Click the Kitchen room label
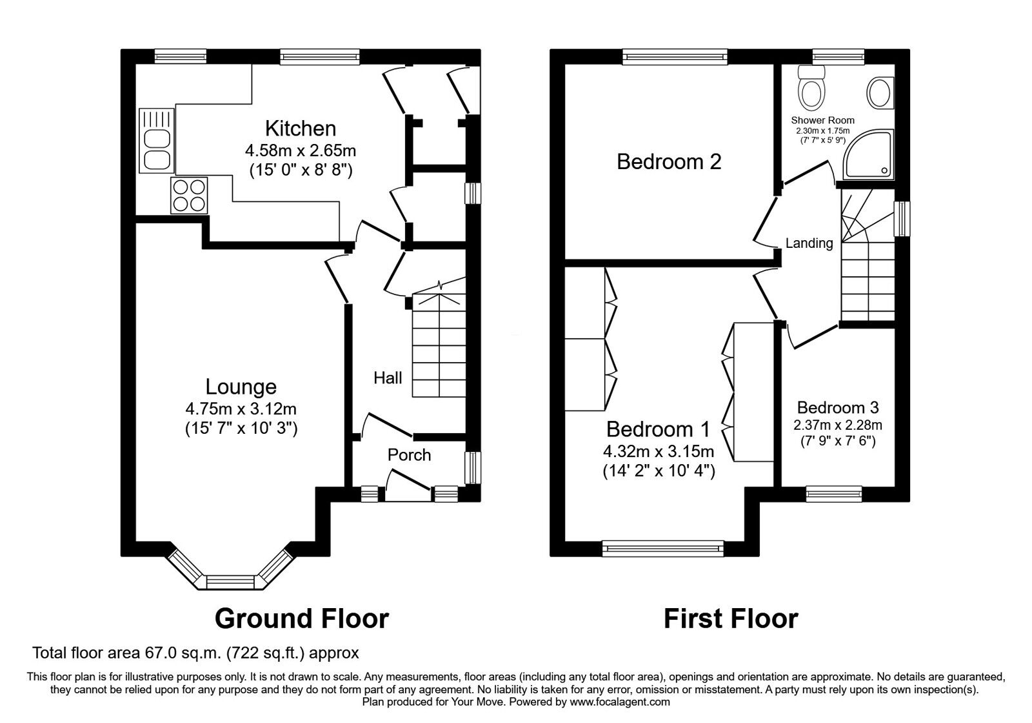point(301,128)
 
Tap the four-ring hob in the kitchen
point(189,195)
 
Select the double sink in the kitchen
point(155,149)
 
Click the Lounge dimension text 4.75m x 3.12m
point(241,409)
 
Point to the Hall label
point(388,378)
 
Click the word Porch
point(409,455)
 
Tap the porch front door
point(408,485)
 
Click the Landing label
point(809,243)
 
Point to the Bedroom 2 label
point(669,161)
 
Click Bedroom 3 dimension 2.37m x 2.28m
point(838,425)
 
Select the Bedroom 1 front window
point(662,549)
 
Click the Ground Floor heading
point(301,618)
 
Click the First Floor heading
point(731,618)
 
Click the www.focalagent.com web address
point(620,702)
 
